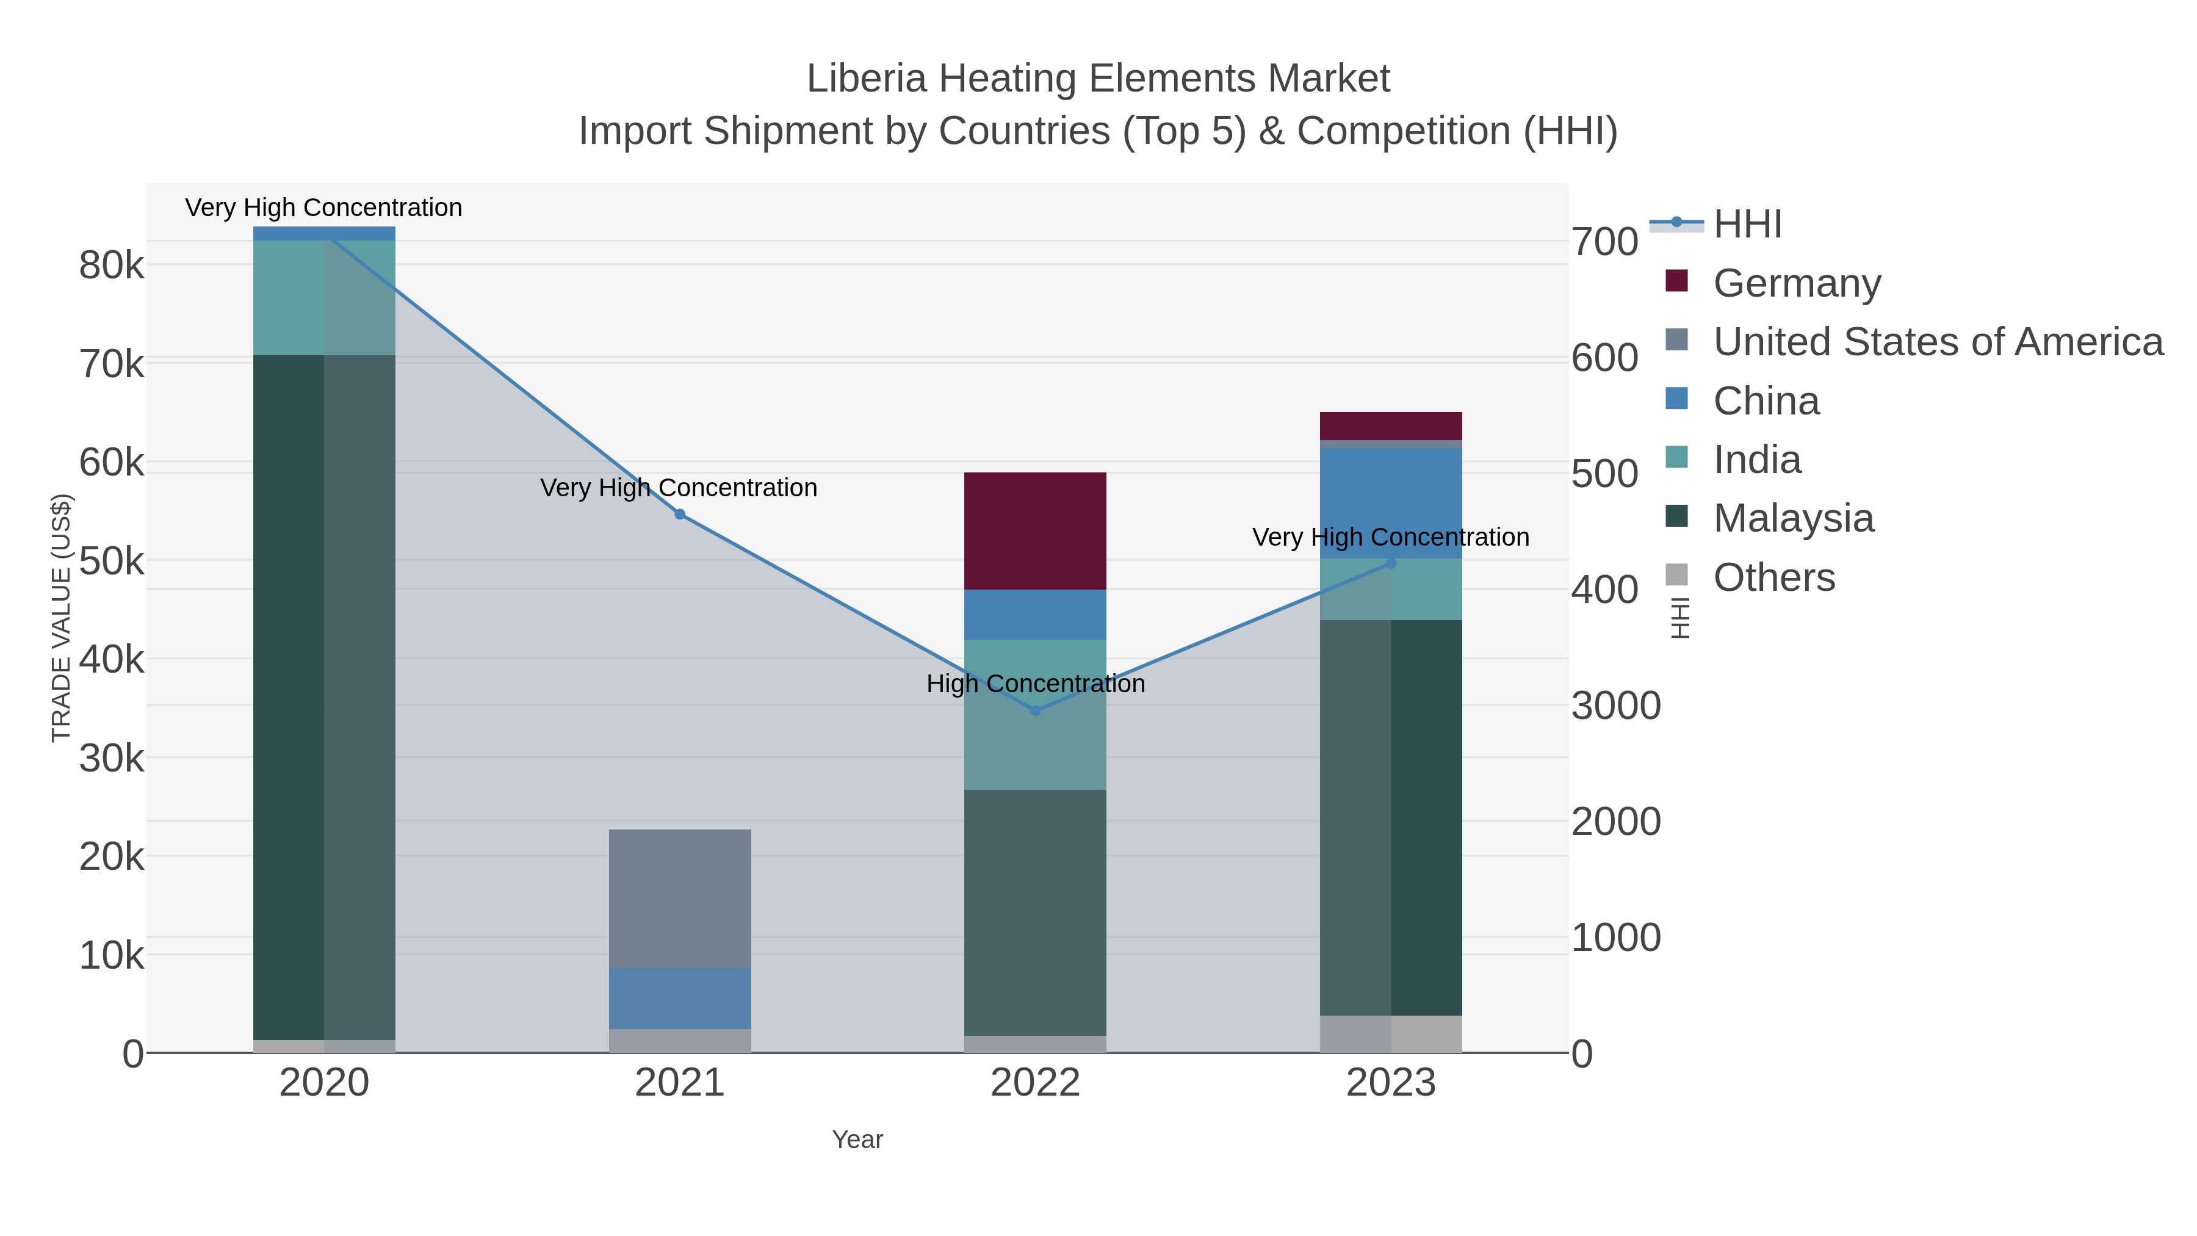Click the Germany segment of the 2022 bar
pos(1034,530)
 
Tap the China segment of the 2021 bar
pos(680,998)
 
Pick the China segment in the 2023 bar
pos(1390,504)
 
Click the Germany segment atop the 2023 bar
pos(1390,425)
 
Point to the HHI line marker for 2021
pos(680,515)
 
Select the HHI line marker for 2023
pos(1390,563)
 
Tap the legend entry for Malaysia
pos(1793,518)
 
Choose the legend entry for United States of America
pos(1937,341)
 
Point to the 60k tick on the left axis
pos(112,463)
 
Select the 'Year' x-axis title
pos(857,1140)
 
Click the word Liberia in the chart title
pos(865,79)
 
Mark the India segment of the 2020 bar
pos(324,298)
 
